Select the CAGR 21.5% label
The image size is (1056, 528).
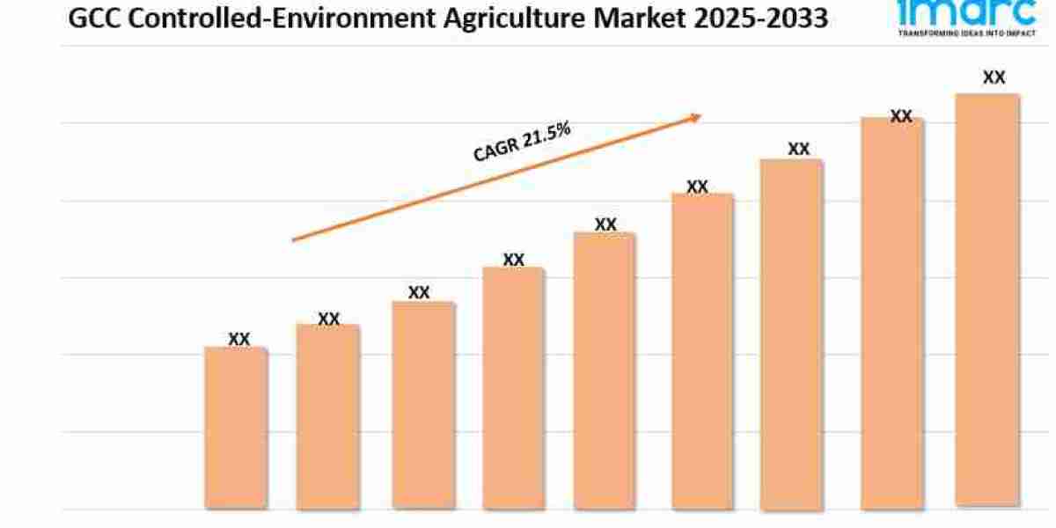tap(522, 142)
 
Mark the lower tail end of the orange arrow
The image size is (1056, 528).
tap(295, 238)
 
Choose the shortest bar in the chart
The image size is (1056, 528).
tap(236, 428)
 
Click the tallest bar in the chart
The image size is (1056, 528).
tap(987, 299)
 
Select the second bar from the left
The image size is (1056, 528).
tap(328, 416)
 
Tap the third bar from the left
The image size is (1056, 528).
tap(423, 405)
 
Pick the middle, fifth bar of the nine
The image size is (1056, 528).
tap(605, 370)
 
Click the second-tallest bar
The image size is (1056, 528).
tap(892, 312)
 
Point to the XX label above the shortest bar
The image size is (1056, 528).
tap(238, 339)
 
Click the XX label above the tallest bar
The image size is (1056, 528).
tap(994, 77)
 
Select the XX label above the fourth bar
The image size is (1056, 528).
tap(513, 260)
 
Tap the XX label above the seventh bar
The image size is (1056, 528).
tap(798, 149)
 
